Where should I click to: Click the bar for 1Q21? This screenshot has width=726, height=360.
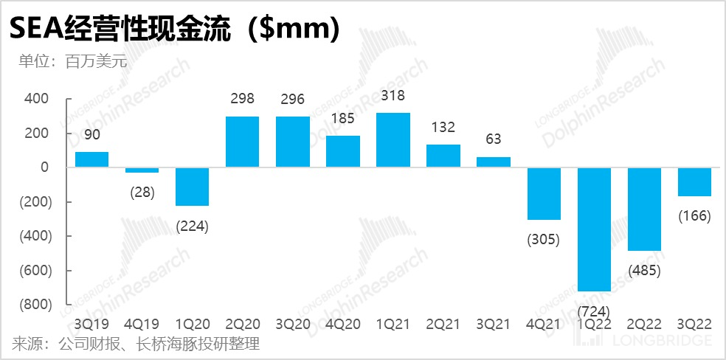point(393,140)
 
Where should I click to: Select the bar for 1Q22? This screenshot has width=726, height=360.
point(594,229)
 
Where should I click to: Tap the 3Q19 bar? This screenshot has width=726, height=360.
point(92,159)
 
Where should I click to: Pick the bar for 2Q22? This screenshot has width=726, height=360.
point(644,209)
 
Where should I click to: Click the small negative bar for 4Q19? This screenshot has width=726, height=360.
point(142,170)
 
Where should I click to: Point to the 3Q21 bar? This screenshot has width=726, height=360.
point(494,162)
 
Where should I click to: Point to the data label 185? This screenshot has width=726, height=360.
point(343,119)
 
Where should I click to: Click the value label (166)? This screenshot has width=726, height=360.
point(694,216)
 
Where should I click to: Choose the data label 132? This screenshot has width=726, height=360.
point(443,128)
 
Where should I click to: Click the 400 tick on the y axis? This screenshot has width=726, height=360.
point(35,99)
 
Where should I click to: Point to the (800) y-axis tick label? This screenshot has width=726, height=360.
point(32,304)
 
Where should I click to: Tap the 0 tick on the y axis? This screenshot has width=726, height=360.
point(44,167)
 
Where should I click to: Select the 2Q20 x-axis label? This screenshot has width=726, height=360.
point(243,324)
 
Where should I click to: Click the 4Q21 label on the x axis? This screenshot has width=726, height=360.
point(544,324)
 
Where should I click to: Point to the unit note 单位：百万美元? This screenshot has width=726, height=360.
point(73,61)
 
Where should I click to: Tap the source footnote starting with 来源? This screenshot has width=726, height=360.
point(136,344)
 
